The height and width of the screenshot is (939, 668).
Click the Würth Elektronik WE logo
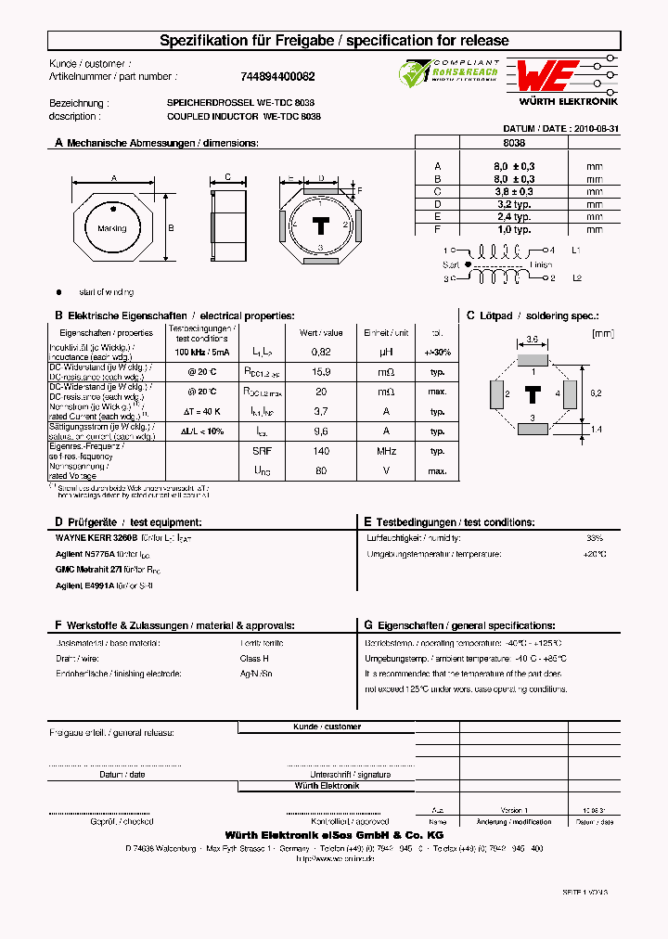[x=547, y=75]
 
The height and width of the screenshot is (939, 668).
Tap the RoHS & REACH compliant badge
[x=449, y=74]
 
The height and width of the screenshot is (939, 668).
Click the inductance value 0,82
[x=321, y=353]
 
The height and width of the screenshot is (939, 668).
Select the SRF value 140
[x=321, y=451]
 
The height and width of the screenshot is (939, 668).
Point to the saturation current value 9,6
[x=321, y=431]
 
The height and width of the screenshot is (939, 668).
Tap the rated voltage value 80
[x=321, y=470]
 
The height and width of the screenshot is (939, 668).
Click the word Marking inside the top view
[x=111, y=228]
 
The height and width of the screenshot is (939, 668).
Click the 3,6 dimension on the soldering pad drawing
[x=532, y=340]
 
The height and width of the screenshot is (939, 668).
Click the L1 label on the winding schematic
[x=576, y=251]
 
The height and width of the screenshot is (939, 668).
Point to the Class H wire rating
[x=255, y=658]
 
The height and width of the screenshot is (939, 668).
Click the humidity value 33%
[x=594, y=538]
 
